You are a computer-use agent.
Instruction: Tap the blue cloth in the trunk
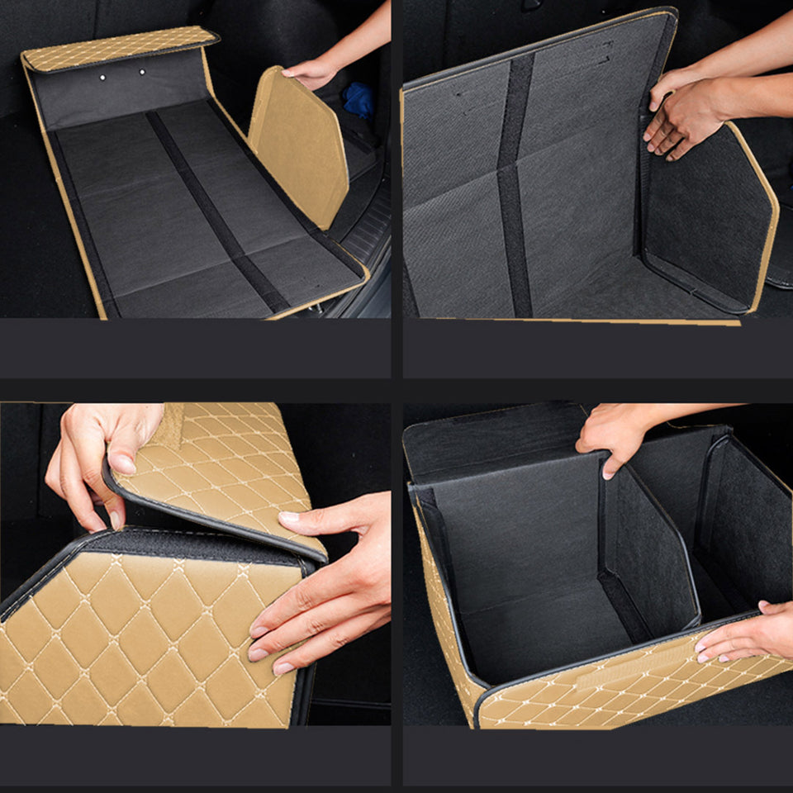[x=358, y=99]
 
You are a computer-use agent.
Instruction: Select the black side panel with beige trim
[x=706, y=219]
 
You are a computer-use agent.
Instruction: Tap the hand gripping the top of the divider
[x=615, y=434]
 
